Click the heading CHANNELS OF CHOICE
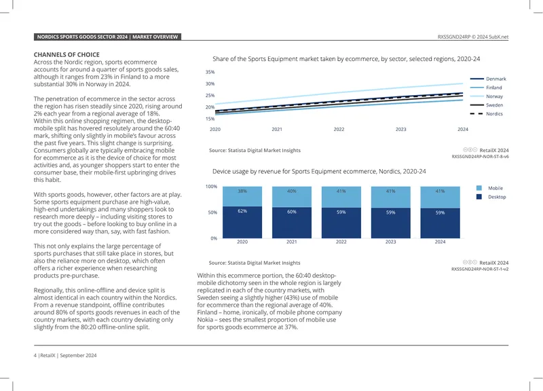pos(67,55)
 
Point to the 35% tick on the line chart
pos(210,72)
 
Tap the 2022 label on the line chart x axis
pos(339,129)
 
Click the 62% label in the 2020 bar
pos(242,211)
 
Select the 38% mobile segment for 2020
pos(242,196)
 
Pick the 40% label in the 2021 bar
pos(292,191)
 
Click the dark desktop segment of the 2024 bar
pos(440,223)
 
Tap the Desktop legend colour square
pos(479,197)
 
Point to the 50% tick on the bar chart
pos(212,212)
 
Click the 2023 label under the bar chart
pos(391,242)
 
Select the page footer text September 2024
pos(78,355)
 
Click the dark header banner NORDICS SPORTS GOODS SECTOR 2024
pos(107,37)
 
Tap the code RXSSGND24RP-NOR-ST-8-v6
pos(480,157)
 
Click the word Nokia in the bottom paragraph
pos(205,320)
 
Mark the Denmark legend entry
pos(488,79)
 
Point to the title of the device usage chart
pos(319,172)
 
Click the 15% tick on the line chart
pos(210,119)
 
